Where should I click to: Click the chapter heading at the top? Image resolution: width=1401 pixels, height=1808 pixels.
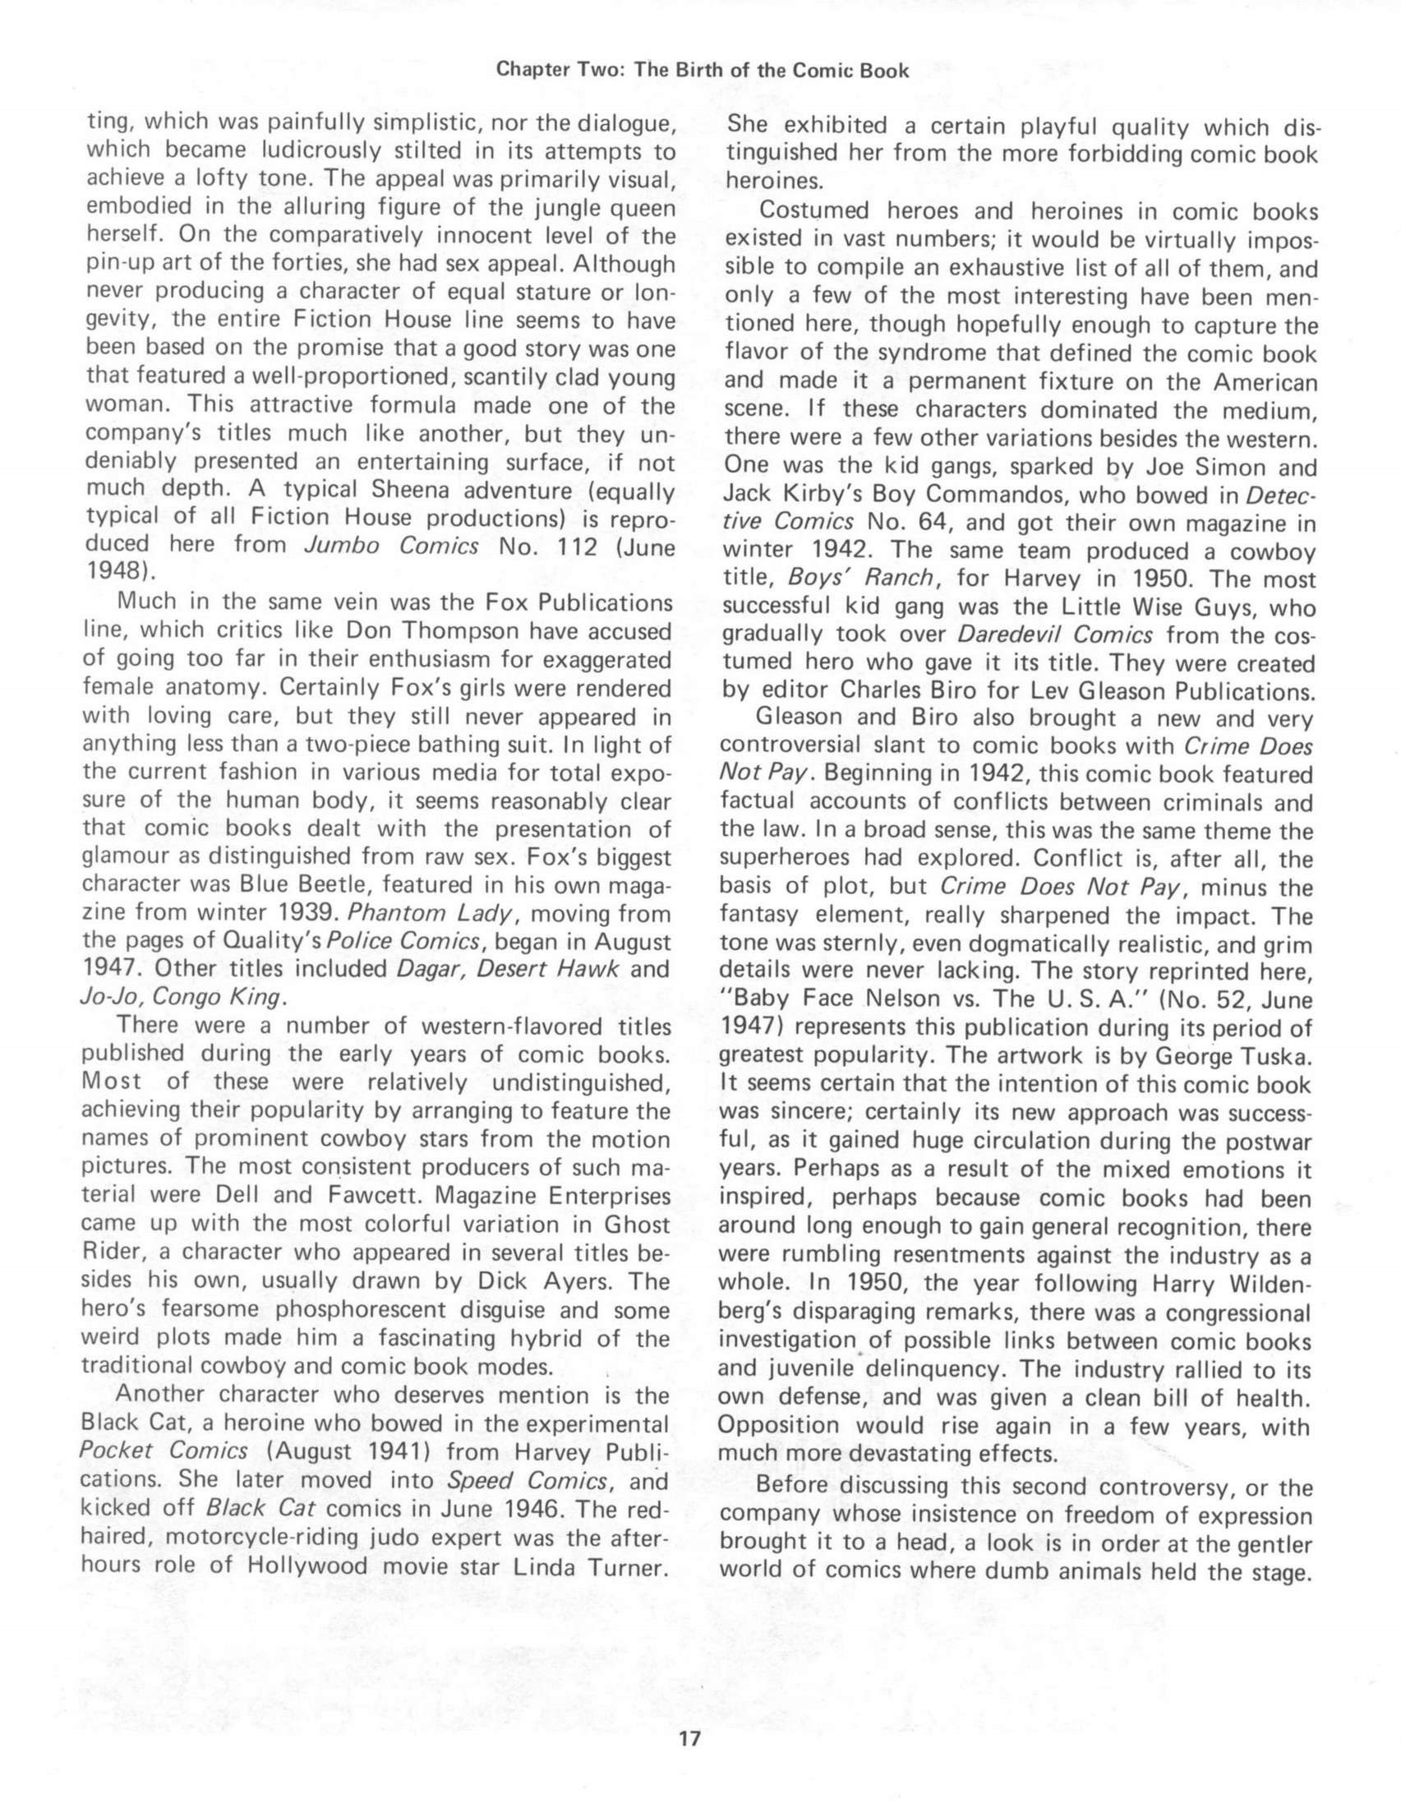702,71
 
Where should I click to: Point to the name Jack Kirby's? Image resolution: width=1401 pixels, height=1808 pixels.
789,494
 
